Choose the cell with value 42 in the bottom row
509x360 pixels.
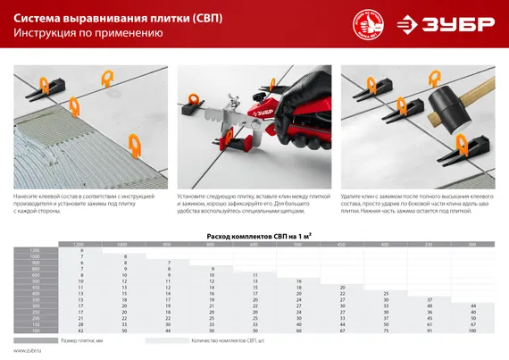(81, 331)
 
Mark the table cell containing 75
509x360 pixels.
(386, 331)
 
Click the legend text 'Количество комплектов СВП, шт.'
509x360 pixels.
(231, 340)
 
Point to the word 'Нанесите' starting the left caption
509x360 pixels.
(27, 194)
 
